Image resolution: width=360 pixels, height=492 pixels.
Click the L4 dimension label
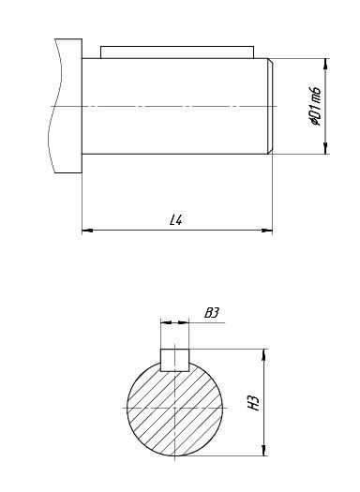[175, 219]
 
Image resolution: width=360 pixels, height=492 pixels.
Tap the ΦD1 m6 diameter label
[315, 106]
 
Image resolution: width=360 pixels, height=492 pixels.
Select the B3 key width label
[212, 313]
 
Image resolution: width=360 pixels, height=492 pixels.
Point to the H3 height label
[254, 403]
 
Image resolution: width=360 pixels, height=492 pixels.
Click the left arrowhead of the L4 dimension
[87, 231]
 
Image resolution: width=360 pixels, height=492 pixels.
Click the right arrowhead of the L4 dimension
[267, 231]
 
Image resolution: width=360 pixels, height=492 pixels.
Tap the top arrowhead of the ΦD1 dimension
[325, 64]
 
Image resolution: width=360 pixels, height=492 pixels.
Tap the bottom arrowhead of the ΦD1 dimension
[325, 148]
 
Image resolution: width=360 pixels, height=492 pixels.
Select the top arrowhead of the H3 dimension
[264, 354]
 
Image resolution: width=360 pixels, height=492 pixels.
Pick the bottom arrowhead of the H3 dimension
[264, 450]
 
